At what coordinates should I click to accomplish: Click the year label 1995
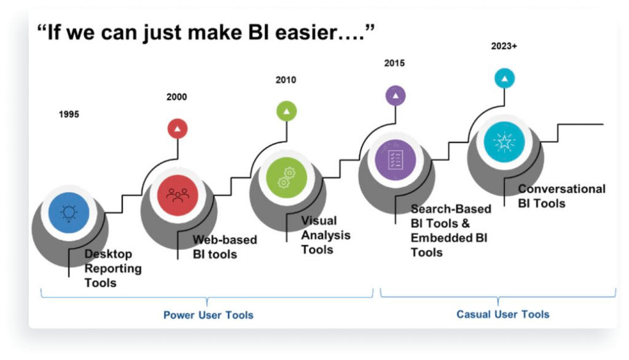(x=69, y=114)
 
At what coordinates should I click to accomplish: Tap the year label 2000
(x=176, y=97)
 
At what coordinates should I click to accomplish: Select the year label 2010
(x=286, y=80)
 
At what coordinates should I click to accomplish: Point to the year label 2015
(x=394, y=63)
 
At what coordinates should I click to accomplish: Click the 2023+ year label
(x=504, y=46)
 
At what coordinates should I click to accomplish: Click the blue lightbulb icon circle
(x=69, y=213)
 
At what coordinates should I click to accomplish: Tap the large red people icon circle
(x=178, y=194)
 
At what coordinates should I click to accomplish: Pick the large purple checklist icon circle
(x=395, y=158)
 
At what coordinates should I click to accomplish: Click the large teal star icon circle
(x=504, y=142)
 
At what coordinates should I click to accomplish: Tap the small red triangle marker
(x=178, y=128)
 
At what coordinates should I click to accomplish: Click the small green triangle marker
(x=286, y=111)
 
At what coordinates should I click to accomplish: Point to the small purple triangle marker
(x=395, y=95)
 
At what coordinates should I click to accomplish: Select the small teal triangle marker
(x=504, y=78)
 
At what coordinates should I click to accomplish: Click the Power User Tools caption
(x=208, y=315)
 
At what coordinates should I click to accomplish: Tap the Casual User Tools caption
(x=502, y=315)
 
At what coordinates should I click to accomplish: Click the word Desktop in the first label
(x=108, y=254)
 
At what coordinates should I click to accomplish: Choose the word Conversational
(x=561, y=189)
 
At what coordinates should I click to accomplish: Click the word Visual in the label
(x=319, y=221)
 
